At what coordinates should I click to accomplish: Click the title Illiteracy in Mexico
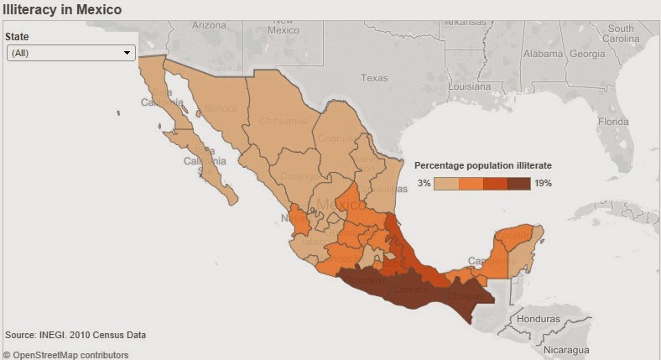tap(62, 10)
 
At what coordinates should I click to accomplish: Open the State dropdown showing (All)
tap(70, 53)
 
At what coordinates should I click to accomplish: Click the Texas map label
tap(374, 78)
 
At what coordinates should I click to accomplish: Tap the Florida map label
tap(612, 121)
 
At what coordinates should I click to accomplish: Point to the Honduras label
tap(539, 319)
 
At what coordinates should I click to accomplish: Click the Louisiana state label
tap(469, 86)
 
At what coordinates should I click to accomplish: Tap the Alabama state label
tap(543, 54)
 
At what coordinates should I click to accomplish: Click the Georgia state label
tap(586, 54)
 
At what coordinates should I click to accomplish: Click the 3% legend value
tap(424, 183)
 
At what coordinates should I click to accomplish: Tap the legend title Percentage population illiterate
tap(483, 165)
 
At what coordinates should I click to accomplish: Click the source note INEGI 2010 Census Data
tap(75, 335)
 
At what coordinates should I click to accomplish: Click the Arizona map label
tap(209, 25)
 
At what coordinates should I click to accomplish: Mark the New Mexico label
tap(283, 24)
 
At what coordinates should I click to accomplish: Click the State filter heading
tap(18, 37)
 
